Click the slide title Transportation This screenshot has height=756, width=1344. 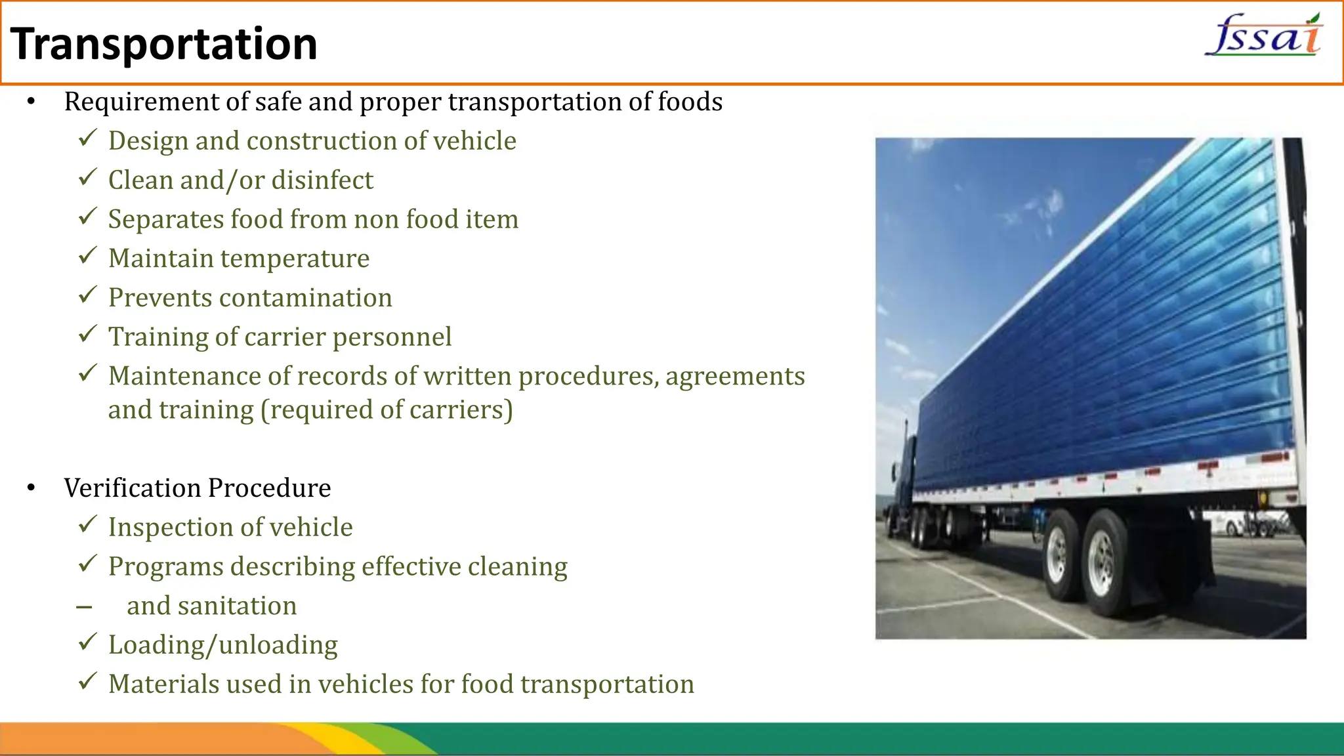164,44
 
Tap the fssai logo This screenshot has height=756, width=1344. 1264,36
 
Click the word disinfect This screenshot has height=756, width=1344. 322,180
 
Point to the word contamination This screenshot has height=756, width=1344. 305,298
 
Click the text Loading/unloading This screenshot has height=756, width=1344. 223,645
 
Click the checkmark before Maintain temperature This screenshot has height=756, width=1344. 87,256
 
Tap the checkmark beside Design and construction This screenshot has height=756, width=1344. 87,138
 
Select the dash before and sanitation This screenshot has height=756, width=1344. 84,608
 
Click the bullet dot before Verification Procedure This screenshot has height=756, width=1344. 31,488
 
